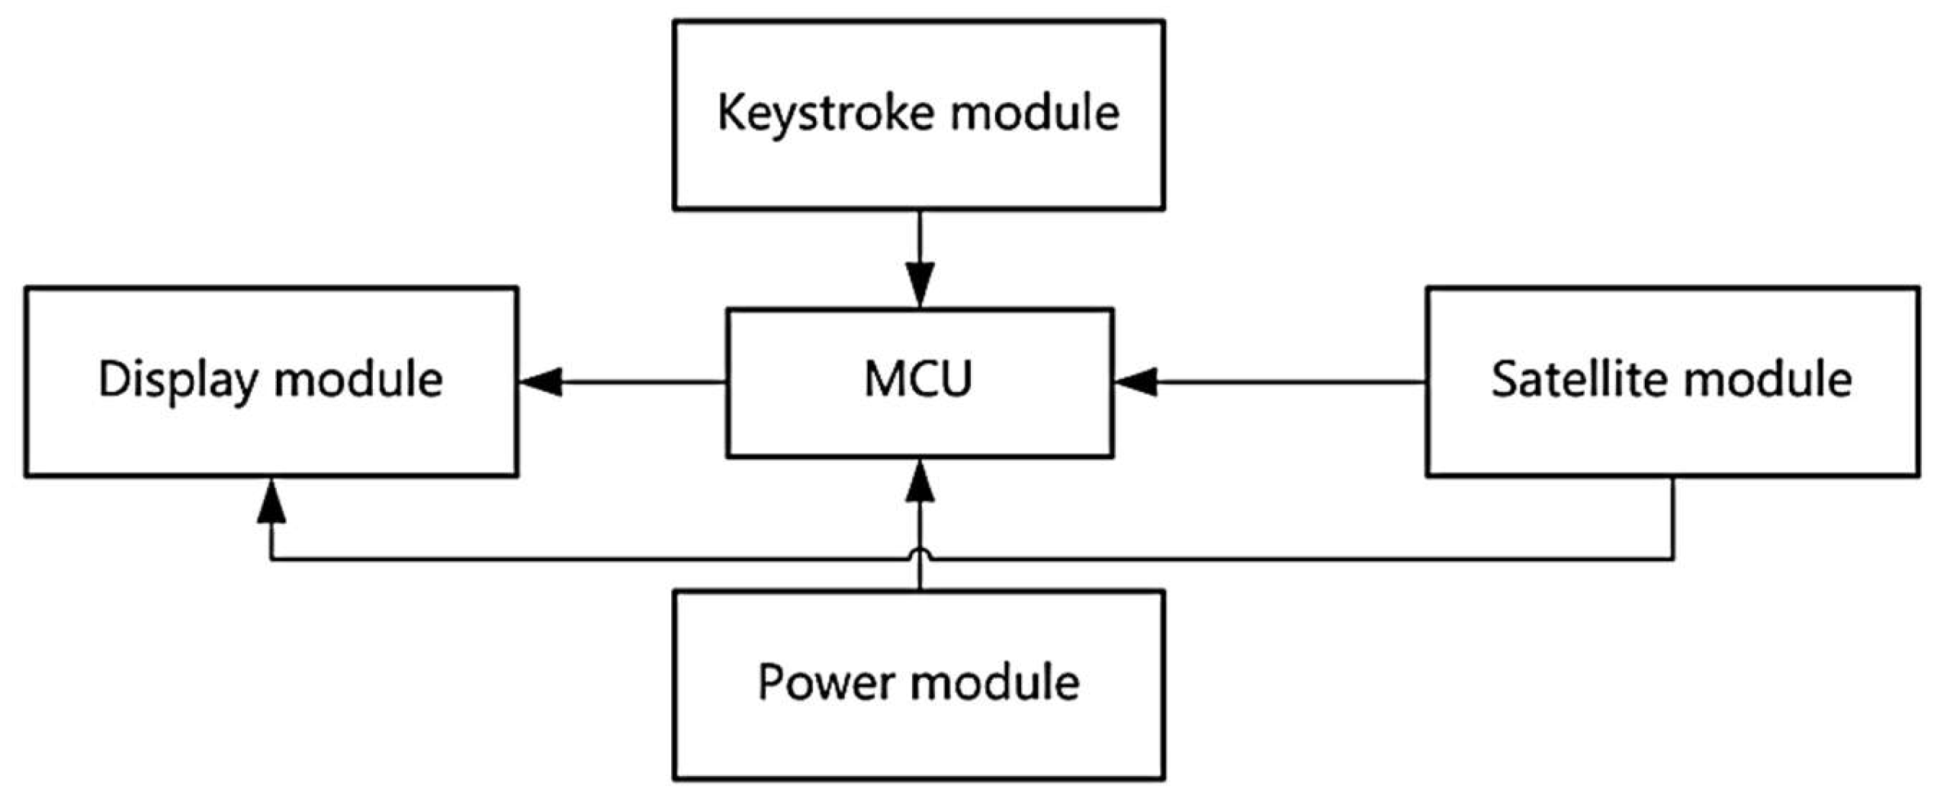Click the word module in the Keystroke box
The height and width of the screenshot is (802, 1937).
point(1035,113)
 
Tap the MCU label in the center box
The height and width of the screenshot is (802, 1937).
point(919,379)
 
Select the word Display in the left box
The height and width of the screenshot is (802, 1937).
point(178,380)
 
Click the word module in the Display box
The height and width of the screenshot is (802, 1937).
point(358,379)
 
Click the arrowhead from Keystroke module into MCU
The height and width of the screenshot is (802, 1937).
point(920,284)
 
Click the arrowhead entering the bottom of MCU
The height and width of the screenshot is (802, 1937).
point(920,483)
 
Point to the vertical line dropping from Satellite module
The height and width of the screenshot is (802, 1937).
point(1673,518)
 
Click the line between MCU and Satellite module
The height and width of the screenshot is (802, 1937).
point(1289,382)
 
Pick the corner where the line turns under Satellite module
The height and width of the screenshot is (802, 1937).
point(1673,560)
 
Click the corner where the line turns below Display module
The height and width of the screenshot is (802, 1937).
point(271,560)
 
